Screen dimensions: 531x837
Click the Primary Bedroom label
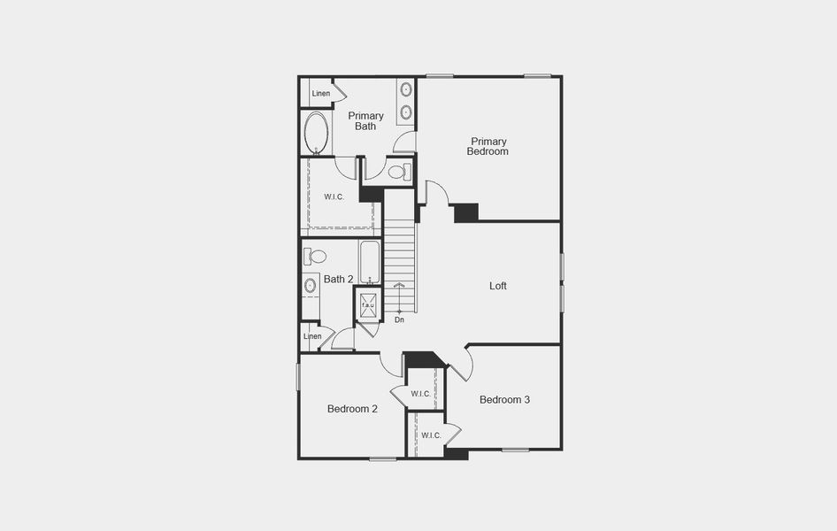488,146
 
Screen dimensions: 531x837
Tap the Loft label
498,286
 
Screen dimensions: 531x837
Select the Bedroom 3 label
504,400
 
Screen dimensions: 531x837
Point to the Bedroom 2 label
352,409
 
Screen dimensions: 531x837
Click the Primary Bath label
365,121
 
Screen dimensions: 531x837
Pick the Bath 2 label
338,280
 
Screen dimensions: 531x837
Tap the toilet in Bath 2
315,257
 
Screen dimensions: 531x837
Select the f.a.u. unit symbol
368,305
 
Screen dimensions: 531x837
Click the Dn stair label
399,319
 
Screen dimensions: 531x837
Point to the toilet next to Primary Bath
398,172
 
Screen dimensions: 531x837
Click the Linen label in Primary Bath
320,94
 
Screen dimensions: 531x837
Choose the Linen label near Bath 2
312,336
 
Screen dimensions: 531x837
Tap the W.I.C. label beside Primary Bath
334,196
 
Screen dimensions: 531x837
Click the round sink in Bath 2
311,286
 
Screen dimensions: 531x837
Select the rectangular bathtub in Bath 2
370,262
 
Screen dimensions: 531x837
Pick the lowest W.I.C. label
431,435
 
